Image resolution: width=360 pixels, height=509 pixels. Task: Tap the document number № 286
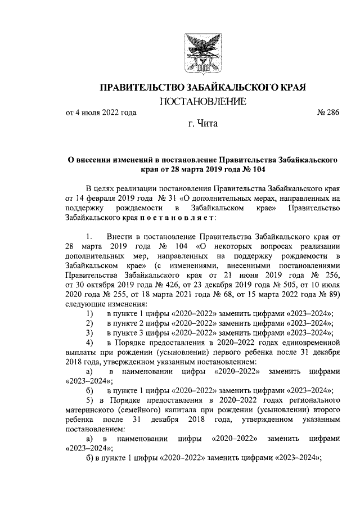point(328,113)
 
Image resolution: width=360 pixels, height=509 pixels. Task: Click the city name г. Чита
point(203,123)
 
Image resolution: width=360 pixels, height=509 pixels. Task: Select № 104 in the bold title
point(253,169)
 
